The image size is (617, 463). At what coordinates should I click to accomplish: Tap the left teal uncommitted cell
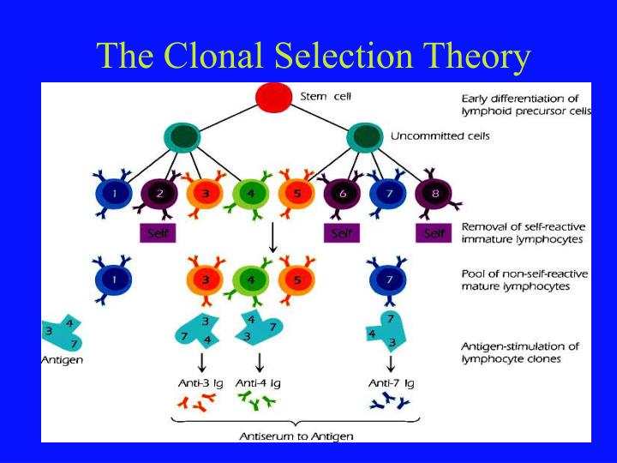pyautogui.click(x=181, y=137)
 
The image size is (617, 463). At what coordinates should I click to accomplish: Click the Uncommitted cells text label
pyautogui.click(x=440, y=135)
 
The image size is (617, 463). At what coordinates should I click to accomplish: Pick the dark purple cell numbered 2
pyautogui.click(x=159, y=195)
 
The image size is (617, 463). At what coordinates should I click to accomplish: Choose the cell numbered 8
pyautogui.click(x=435, y=195)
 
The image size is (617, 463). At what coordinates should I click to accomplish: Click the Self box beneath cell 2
pyautogui.click(x=158, y=232)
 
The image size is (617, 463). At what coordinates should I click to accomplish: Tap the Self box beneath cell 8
pyautogui.click(x=434, y=232)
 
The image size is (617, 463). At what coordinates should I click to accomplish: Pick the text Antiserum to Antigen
pyautogui.click(x=296, y=436)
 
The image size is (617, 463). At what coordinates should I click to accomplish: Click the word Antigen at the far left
pyautogui.click(x=63, y=360)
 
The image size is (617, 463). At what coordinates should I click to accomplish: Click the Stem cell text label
pyautogui.click(x=325, y=96)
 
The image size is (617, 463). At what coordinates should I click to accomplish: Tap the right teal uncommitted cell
pyautogui.click(x=365, y=137)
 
